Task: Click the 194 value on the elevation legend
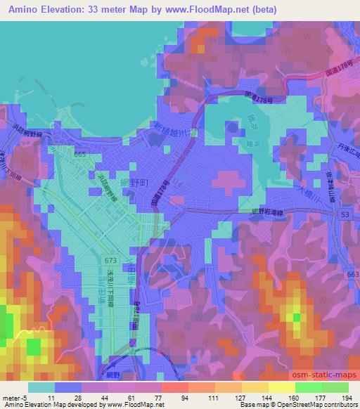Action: (x=346, y=397)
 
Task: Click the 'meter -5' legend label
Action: (x=15, y=397)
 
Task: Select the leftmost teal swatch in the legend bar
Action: (x=41, y=387)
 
